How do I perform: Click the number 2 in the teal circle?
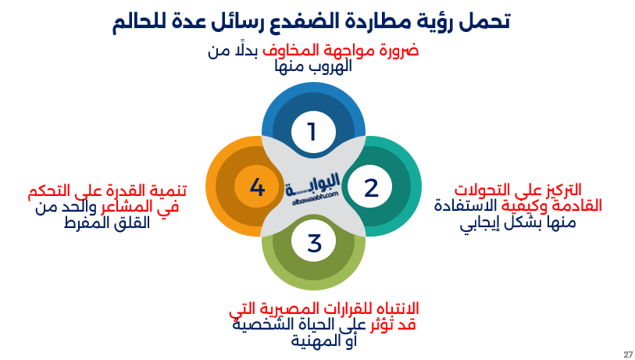(371, 187)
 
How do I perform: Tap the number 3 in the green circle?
(314, 243)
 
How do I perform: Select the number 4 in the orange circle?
(258, 187)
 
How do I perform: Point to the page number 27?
(628, 355)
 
